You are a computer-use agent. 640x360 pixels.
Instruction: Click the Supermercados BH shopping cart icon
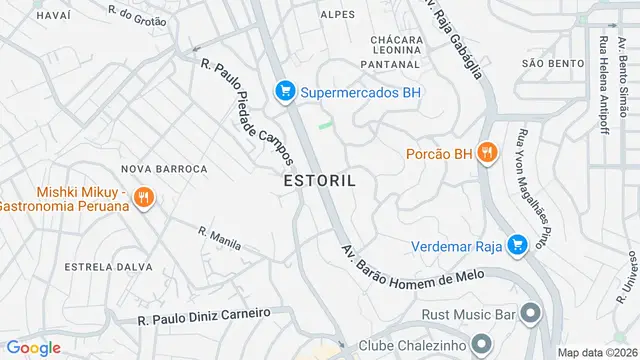pyautogui.click(x=286, y=92)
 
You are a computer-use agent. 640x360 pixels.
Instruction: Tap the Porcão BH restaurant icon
pyautogui.click(x=486, y=153)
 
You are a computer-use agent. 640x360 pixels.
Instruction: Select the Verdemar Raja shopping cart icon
pyautogui.click(x=517, y=245)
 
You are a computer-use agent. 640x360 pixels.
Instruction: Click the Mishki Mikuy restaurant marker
pyautogui.click(x=144, y=198)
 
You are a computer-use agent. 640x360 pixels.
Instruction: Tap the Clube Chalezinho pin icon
pyautogui.click(x=482, y=342)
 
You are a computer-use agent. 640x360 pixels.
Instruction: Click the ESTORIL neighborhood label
pyautogui.click(x=319, y=181)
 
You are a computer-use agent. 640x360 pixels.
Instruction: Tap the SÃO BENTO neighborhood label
pyautogui.click(x=552, y=63)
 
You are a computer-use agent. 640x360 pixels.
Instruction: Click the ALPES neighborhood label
pyautogui.click(x=338, y=14)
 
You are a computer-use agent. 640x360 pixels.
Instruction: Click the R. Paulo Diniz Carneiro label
pyautogui.click(x=204, y=317)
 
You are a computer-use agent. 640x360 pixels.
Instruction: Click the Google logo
pyautogui.click(x=34, y=347)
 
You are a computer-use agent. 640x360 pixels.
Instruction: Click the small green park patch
pyautogui.click(x=325, y=125)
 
